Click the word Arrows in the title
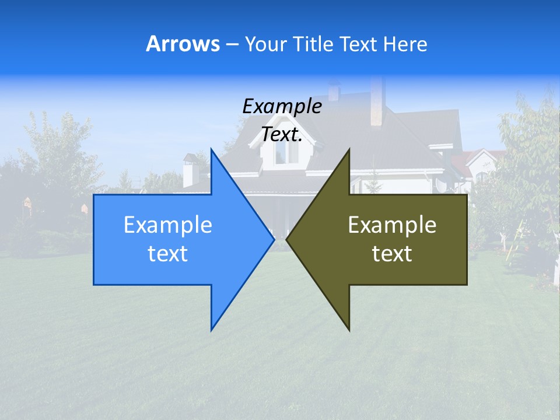coord(183,44)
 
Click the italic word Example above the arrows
coord(282,106)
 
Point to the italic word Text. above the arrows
coord(282,134)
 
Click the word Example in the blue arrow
coord(168,225)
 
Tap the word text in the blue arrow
coord(168,254)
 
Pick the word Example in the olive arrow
coord(392,225)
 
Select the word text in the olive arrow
coord(392,254)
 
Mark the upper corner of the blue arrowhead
coord(212,150)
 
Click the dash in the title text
coord(232,45)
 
